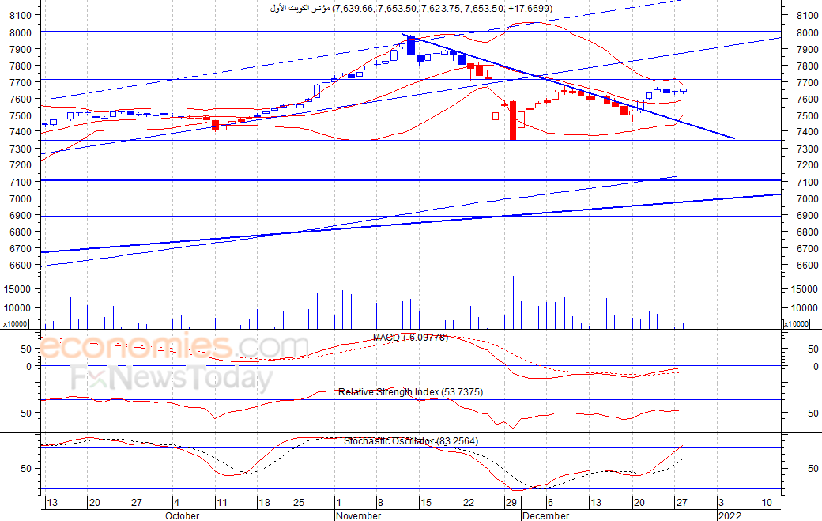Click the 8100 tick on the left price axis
point(21,16)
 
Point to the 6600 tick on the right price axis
point(807,265)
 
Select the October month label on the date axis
point(182,515)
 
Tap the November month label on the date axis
point(359,515)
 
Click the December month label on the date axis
point(545,515)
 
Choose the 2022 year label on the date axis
point(730,515)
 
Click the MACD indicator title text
point(410,338)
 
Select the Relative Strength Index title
point(410,392)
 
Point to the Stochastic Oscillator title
point(411,441)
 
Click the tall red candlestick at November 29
point(513,120)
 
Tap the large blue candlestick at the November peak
point(411,45)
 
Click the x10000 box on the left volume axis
point(15,324)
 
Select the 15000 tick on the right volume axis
point(805,289)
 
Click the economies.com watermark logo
point(174,347)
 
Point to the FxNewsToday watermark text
point(172,376)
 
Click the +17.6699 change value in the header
point(529,9)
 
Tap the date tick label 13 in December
point(595,503)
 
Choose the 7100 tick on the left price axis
point(21,182)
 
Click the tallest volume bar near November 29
point(513,303)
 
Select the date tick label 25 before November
point(298,503)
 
